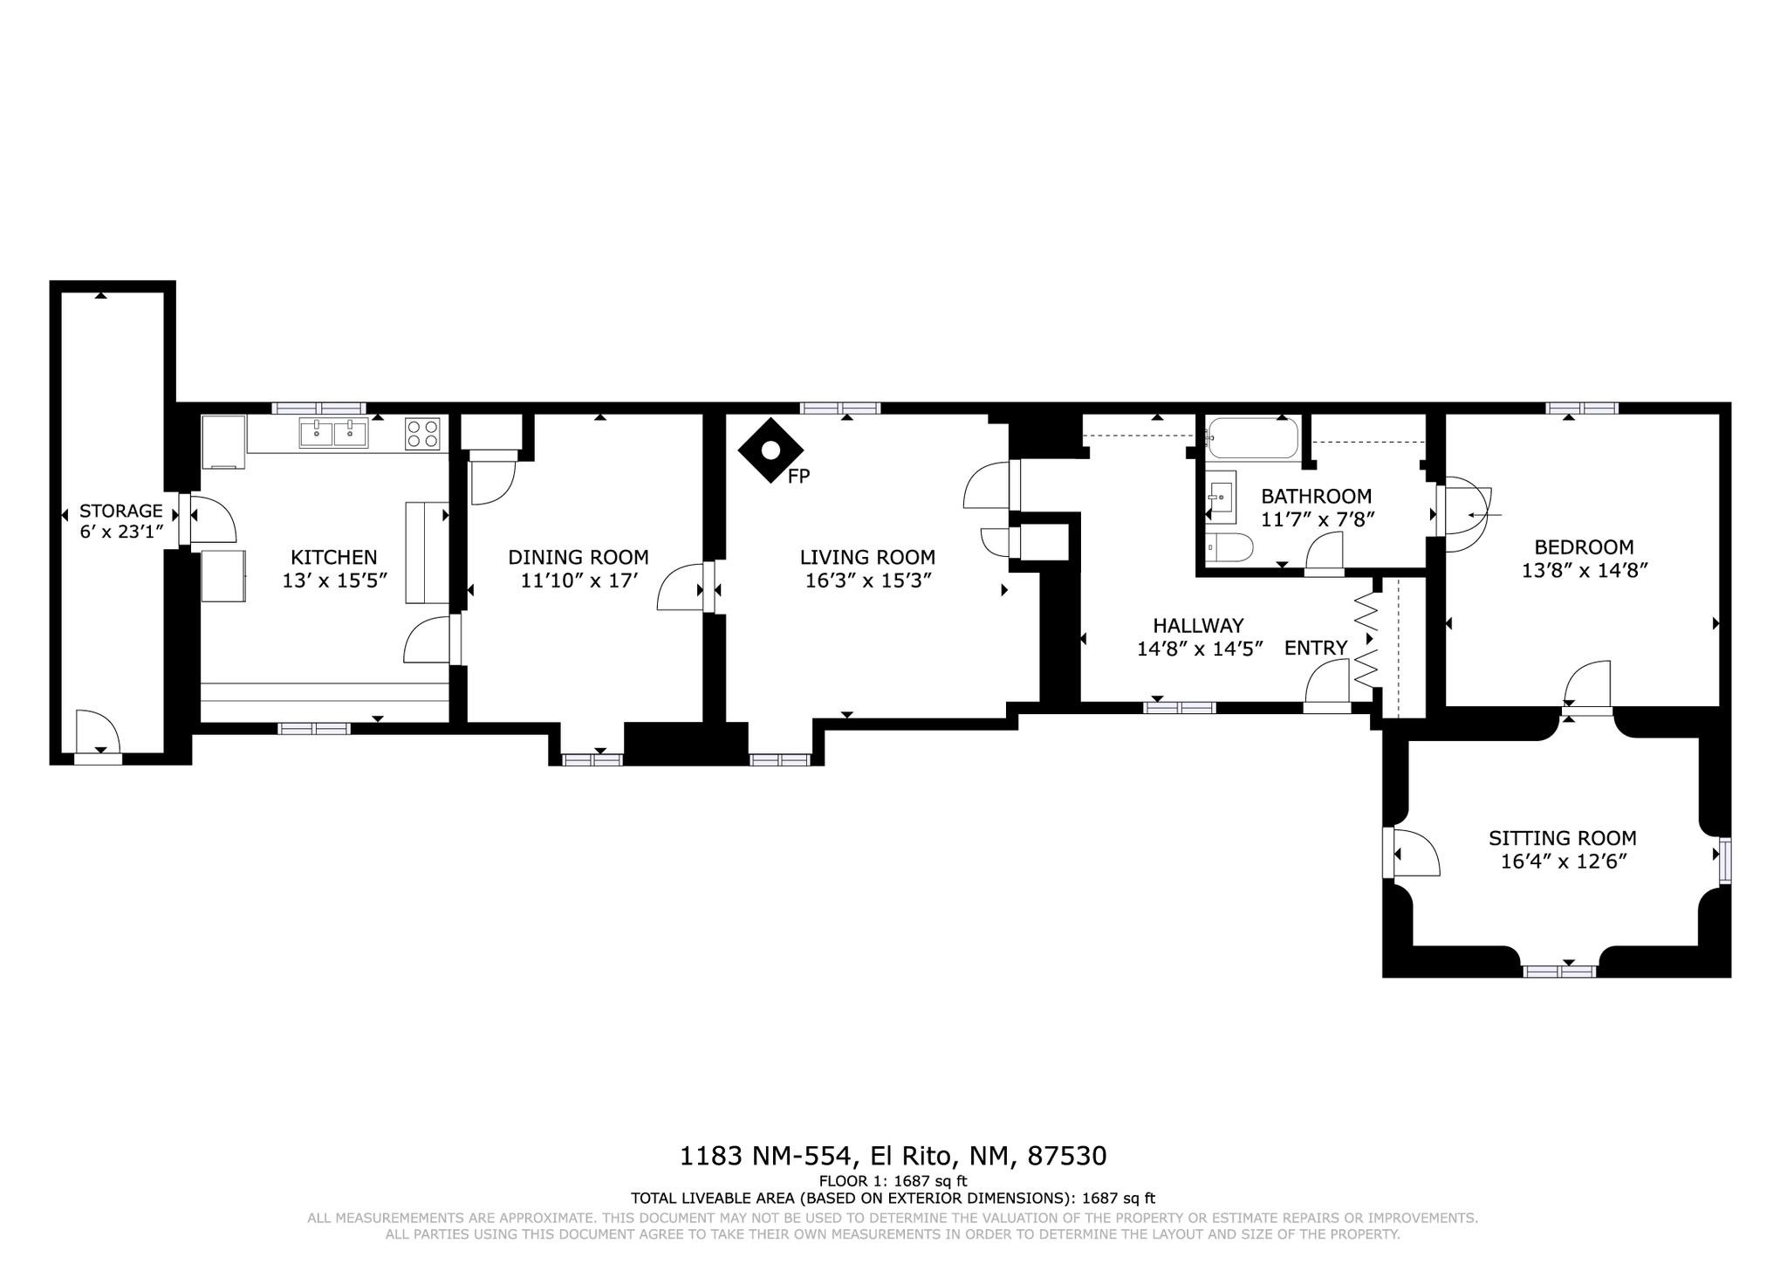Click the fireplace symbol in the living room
pos(770,450)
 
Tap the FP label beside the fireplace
pos(798,477)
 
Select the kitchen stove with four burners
pos(422,434)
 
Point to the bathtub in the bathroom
pos(1253,437)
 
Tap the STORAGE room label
pos(121,511)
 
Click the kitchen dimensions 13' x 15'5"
pos(334,580)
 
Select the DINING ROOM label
pos(579,557)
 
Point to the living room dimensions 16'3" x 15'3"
pos(867,580)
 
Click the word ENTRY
pos(1316,648)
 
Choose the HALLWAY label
pos(1198,625)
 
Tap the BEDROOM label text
pos(1584,547)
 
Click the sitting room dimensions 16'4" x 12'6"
pos(1564,862)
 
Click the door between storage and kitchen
pos(208,521)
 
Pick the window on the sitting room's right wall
pos(1725,862)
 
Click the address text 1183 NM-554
pos(765,1156)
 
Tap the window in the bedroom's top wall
pos(1583,408)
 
